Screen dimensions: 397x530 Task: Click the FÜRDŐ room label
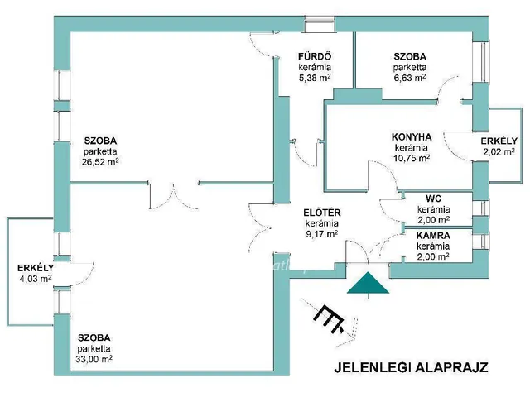tap(315, 56)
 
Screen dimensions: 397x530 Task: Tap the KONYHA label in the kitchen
tap(412, 137)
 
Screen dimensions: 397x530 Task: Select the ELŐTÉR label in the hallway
tap(321, 213)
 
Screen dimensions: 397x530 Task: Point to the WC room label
tap(433, 199)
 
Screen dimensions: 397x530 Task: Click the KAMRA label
tap(433, 236)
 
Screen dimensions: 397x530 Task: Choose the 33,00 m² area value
tap(94, 360)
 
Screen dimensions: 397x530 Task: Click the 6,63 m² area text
tap(410, 78)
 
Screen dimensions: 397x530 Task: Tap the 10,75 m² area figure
tap(412, 158)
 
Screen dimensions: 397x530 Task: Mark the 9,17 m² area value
tap(321, 234)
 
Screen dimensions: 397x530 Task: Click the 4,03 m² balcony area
tap(35, 279)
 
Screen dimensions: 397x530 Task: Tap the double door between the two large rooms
tap(176, 194)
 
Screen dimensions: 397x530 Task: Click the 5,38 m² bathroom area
tap(315, 78)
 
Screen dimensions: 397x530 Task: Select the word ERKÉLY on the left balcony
tap(35, 268)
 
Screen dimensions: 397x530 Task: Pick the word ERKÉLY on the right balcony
tap(499, 141)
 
